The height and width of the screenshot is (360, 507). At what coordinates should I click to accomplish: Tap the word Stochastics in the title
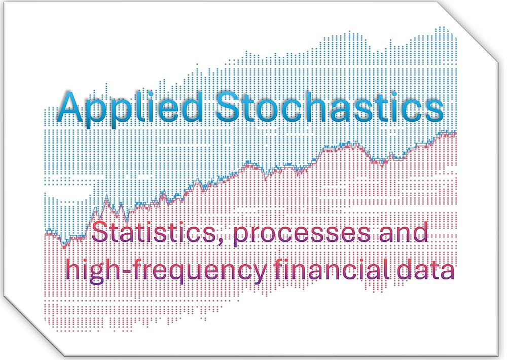[x=330, y=106]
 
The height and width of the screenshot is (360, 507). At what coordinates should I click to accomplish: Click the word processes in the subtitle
[x=302, y=234]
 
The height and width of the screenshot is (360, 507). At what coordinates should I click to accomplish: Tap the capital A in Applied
[x=73, y=106]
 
